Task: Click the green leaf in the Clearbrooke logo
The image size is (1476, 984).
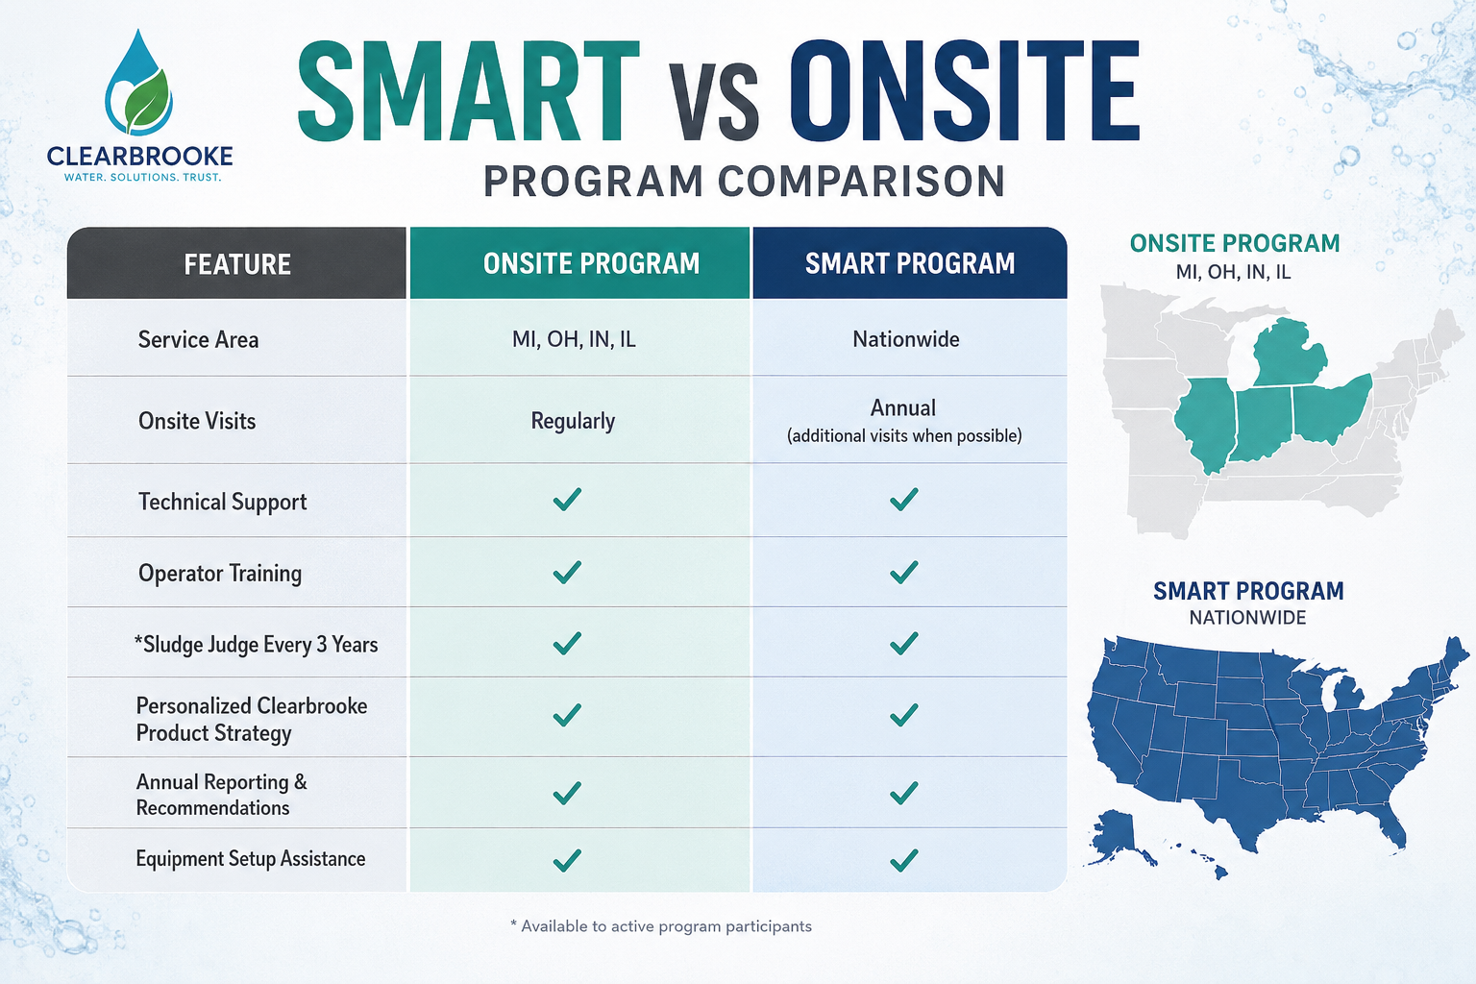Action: pos(148,101)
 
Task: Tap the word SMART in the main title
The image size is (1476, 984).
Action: pos(469,91)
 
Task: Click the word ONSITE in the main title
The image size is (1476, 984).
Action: pos(964,91)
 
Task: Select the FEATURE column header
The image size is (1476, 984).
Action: pos(237,264)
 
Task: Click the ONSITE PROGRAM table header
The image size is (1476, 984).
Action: pos(591,263)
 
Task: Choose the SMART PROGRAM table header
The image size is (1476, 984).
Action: pos(910,263)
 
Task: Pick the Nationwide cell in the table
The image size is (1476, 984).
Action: pos(906,339)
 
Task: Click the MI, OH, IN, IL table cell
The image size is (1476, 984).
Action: pos(574,339)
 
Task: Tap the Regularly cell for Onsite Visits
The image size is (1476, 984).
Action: pos(573,421)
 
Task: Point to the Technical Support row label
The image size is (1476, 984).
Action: pos(223,503)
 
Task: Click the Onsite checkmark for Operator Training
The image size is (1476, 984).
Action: pos(567,572)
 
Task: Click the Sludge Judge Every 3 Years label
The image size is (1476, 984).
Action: pos(257,644)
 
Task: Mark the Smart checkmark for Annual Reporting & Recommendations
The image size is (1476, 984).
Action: pos(904,793)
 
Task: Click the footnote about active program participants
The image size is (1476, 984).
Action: pos(661,926)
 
